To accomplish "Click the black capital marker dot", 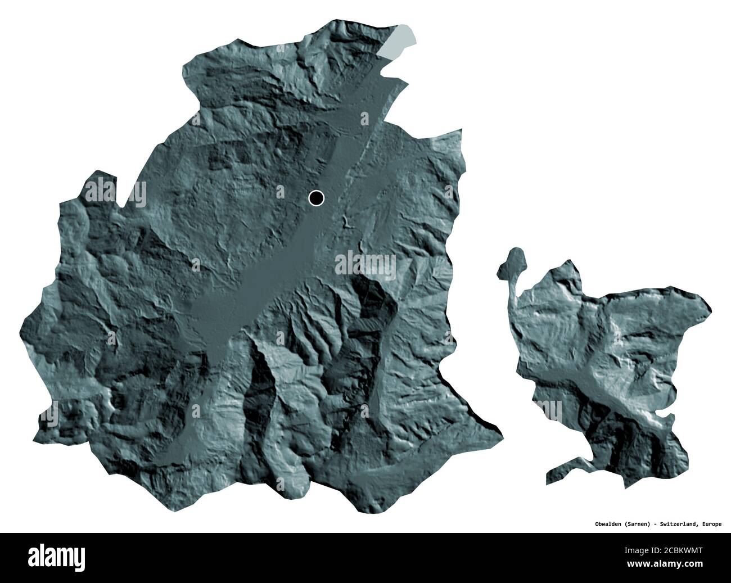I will click(317, 197).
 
